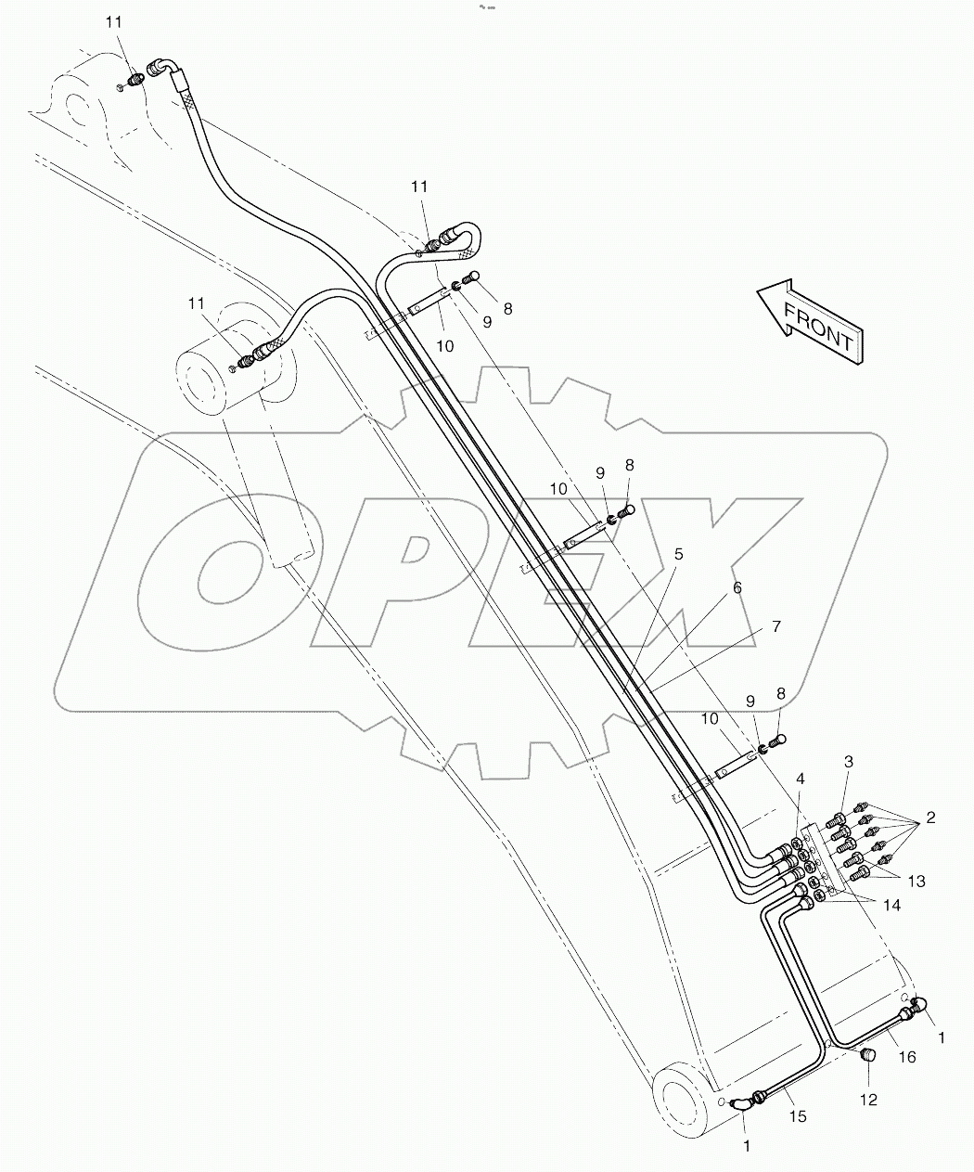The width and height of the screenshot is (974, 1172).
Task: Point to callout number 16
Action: pyautogui.click(x=906, y=1057)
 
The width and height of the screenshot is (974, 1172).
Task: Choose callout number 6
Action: pyautogui.click(x=737, y=587)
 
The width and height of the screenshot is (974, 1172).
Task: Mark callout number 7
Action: pyautogui.click(x=775, y=627)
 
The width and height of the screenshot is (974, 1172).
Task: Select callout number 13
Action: pyautogui.click(x=916, y=881)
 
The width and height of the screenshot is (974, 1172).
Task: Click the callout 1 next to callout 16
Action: pyautogui.click(x=942, y=1038)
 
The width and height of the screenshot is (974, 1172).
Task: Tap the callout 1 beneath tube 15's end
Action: pyautogui.click(x=747, y=1146)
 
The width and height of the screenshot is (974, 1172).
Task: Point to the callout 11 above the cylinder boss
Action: pyautogui.click(x=196, y=303)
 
